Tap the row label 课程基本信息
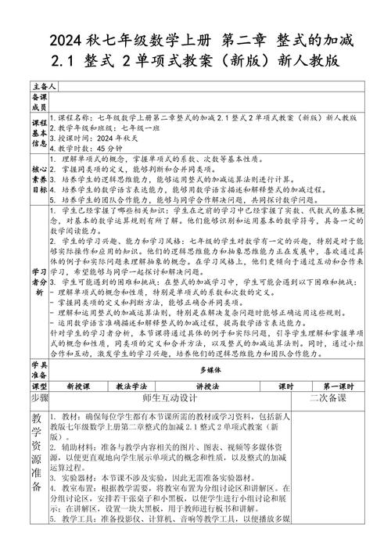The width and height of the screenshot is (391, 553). (x=39, y=132)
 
